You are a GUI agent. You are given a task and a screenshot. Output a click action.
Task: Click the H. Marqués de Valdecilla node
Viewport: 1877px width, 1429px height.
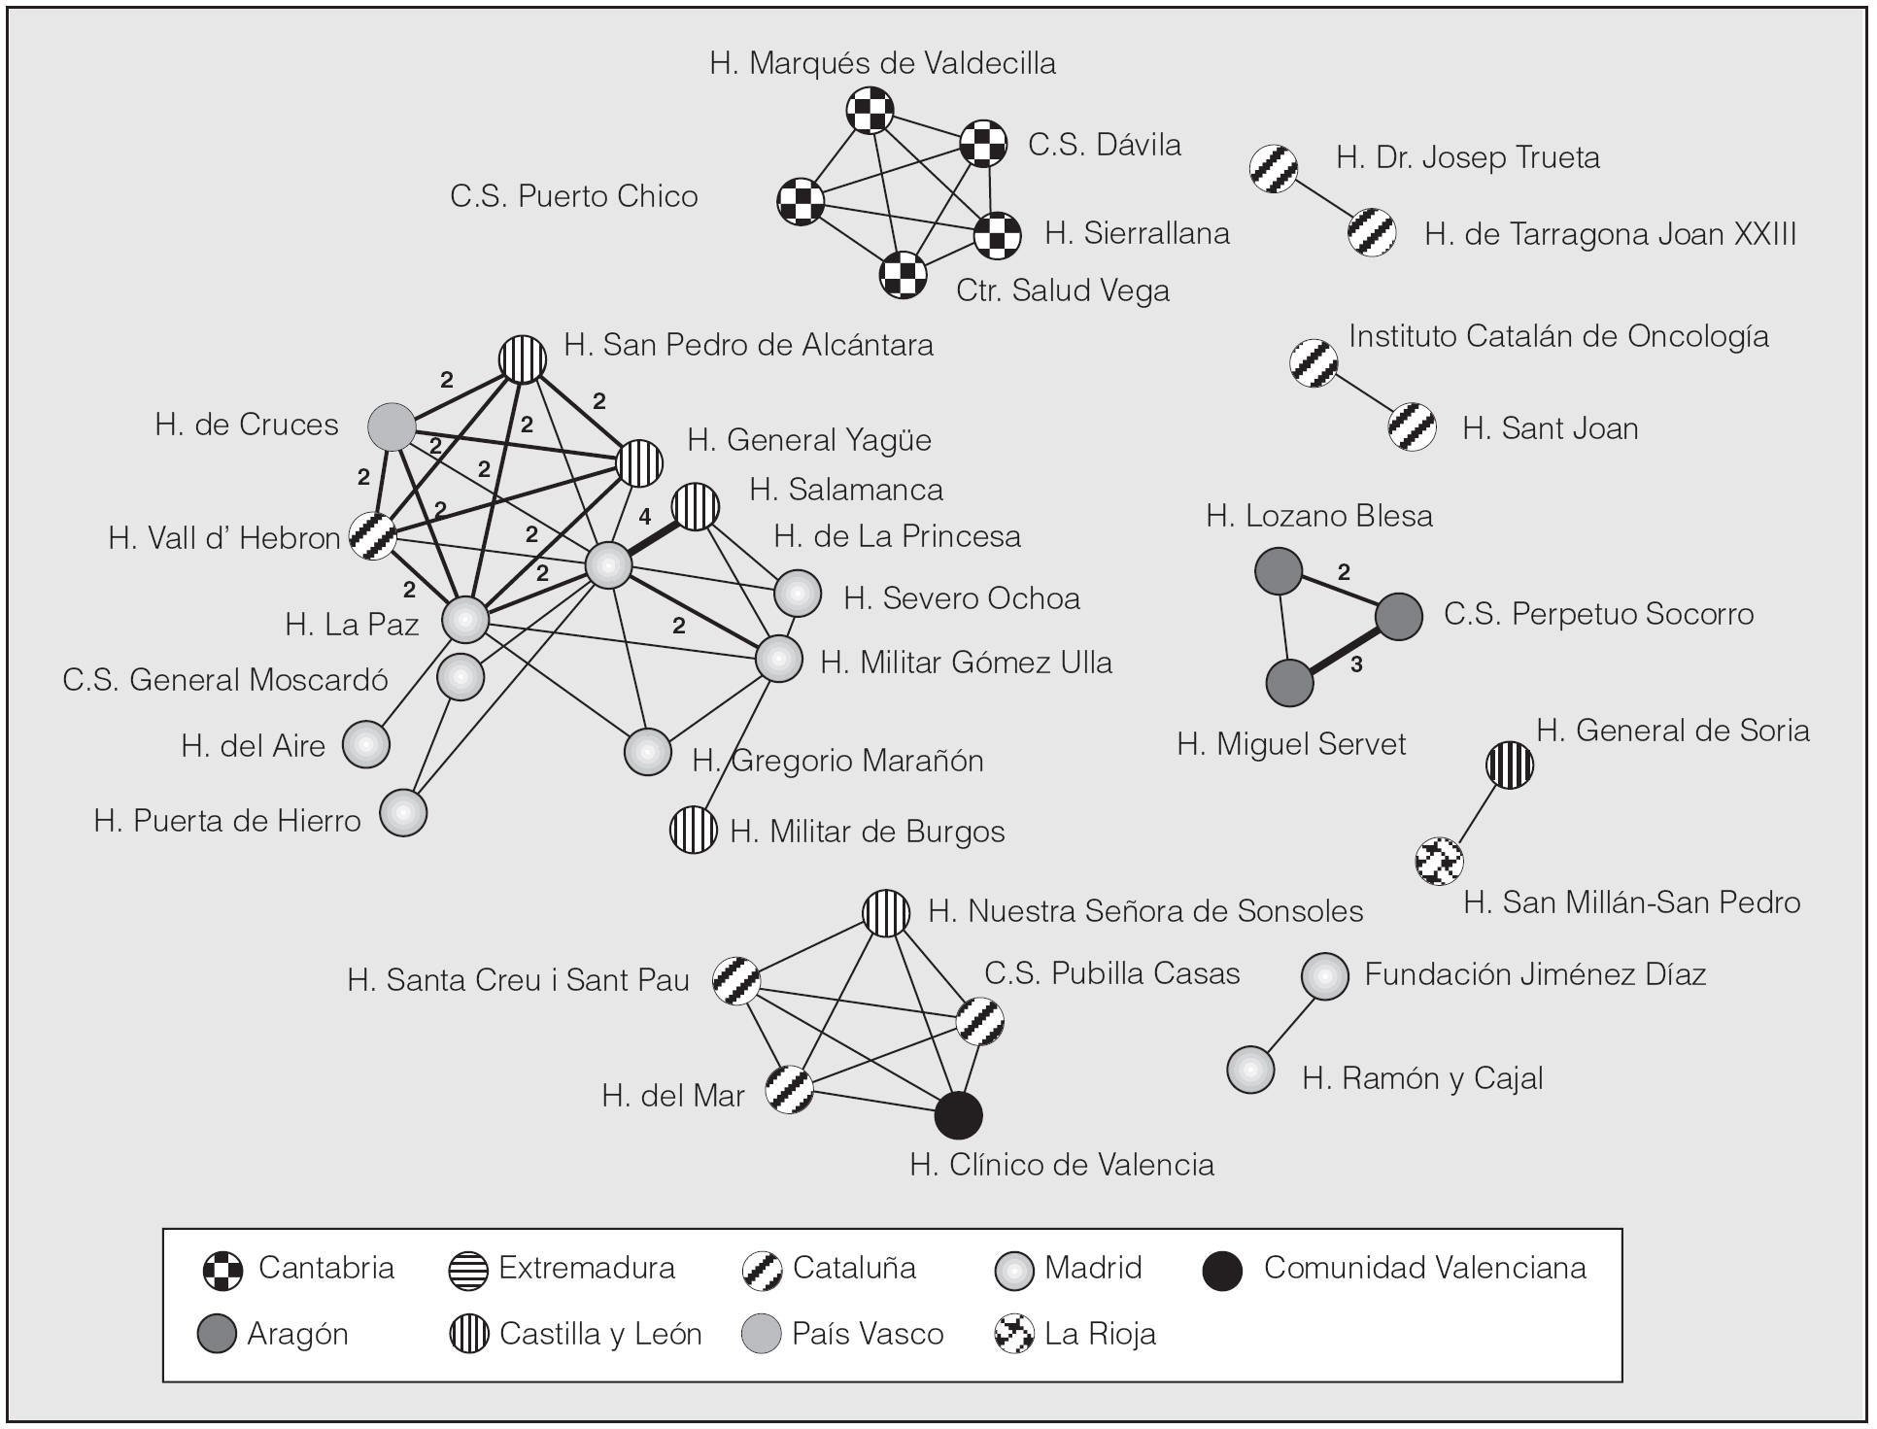869,110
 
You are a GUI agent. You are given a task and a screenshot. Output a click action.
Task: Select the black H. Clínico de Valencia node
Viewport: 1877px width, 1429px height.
958,1115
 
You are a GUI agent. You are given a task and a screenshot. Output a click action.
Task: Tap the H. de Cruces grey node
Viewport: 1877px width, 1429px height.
392,426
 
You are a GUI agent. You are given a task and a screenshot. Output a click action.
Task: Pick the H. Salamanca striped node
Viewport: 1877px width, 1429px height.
696,506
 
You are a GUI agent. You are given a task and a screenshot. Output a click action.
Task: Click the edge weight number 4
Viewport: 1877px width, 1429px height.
645,518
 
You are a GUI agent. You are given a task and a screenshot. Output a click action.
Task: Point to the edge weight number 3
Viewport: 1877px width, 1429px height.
1356,664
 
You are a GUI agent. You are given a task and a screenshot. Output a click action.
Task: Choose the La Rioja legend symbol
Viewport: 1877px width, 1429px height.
1014,1334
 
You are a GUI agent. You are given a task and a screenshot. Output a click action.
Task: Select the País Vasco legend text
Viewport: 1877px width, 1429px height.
867,1334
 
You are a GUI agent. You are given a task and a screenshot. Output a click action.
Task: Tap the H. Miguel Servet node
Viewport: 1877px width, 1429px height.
1289,683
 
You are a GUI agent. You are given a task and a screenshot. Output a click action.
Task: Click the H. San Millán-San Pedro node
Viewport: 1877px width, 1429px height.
1439,860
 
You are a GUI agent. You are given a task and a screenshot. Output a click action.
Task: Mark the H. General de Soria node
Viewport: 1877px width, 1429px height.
1510,765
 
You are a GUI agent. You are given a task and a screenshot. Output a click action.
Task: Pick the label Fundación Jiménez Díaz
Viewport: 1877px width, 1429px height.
1535,974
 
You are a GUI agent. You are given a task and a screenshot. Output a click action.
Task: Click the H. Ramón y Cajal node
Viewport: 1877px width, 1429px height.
1250,1070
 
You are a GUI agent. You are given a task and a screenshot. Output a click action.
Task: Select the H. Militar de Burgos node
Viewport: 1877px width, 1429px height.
694,830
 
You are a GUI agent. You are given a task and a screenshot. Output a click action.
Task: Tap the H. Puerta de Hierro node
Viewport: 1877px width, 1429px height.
402,812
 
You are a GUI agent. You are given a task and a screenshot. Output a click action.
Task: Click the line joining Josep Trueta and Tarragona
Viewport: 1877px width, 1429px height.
1323,201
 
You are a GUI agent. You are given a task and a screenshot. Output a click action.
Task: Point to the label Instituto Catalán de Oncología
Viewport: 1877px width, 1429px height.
1558,336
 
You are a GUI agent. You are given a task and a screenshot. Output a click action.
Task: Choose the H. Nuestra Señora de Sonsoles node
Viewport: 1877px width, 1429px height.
886,913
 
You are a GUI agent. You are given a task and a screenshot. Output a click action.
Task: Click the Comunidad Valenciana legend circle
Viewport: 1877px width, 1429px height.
1222,1271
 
